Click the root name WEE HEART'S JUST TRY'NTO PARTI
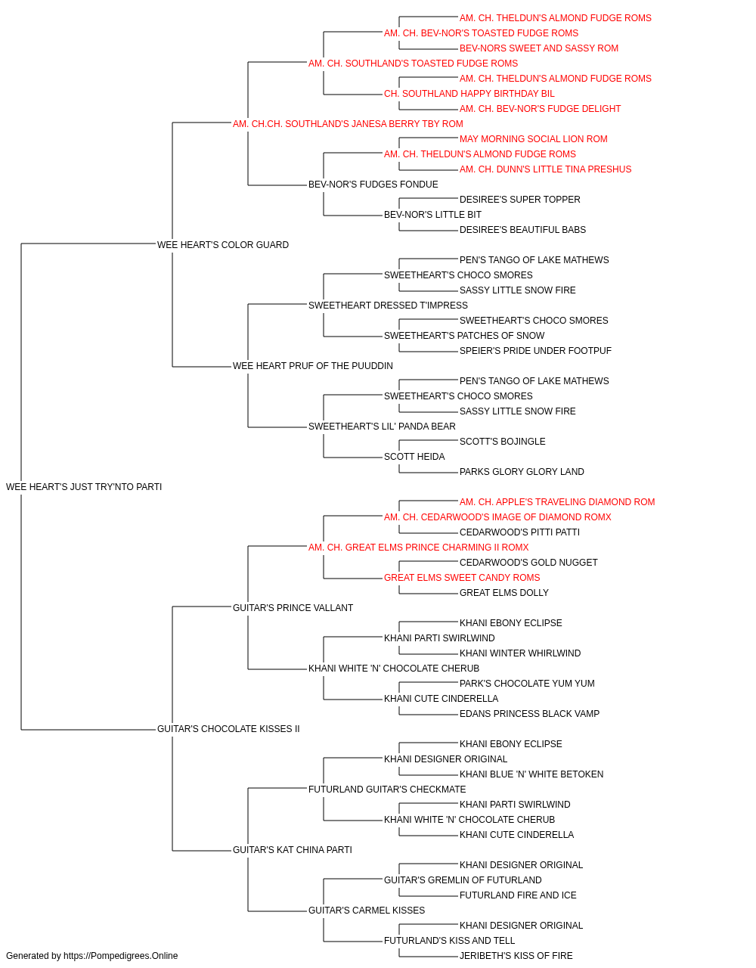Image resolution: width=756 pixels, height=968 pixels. [84, 487]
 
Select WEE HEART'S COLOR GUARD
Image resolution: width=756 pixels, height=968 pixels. [223, 245]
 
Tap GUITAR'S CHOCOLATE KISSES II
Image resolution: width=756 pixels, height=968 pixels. [228, 729]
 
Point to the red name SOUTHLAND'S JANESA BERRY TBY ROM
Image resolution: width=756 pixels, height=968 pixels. [348, 124]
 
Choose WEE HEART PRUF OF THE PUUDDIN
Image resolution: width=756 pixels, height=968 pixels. [313, 366]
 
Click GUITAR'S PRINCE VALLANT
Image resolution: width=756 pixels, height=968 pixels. [293, 608]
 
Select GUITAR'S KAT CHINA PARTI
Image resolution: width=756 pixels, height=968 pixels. [293, 850]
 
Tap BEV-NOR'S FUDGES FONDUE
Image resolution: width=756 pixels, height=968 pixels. [373, 185]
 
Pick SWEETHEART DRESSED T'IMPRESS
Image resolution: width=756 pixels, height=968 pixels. [389, 306]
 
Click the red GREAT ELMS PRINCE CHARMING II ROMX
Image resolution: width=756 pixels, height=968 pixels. [419, 548]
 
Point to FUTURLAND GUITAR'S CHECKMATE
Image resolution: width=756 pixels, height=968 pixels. [387, 790]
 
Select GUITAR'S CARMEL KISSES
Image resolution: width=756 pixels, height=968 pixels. [367, 911]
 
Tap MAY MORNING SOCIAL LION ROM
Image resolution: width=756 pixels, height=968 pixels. [534, 139]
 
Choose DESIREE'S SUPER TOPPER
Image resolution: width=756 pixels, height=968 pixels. [520, 200]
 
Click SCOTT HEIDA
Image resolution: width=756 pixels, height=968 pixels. [414, 457]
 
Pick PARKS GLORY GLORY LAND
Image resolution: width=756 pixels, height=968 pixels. [522, 472]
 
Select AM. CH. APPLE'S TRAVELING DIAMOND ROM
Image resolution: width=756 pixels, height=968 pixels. [557, 502]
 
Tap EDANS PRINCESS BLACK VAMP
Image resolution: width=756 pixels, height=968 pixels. [529, 714]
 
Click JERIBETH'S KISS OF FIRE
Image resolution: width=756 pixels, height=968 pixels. [516, 956]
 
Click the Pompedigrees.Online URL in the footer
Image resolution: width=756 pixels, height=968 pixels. [121, 956]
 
